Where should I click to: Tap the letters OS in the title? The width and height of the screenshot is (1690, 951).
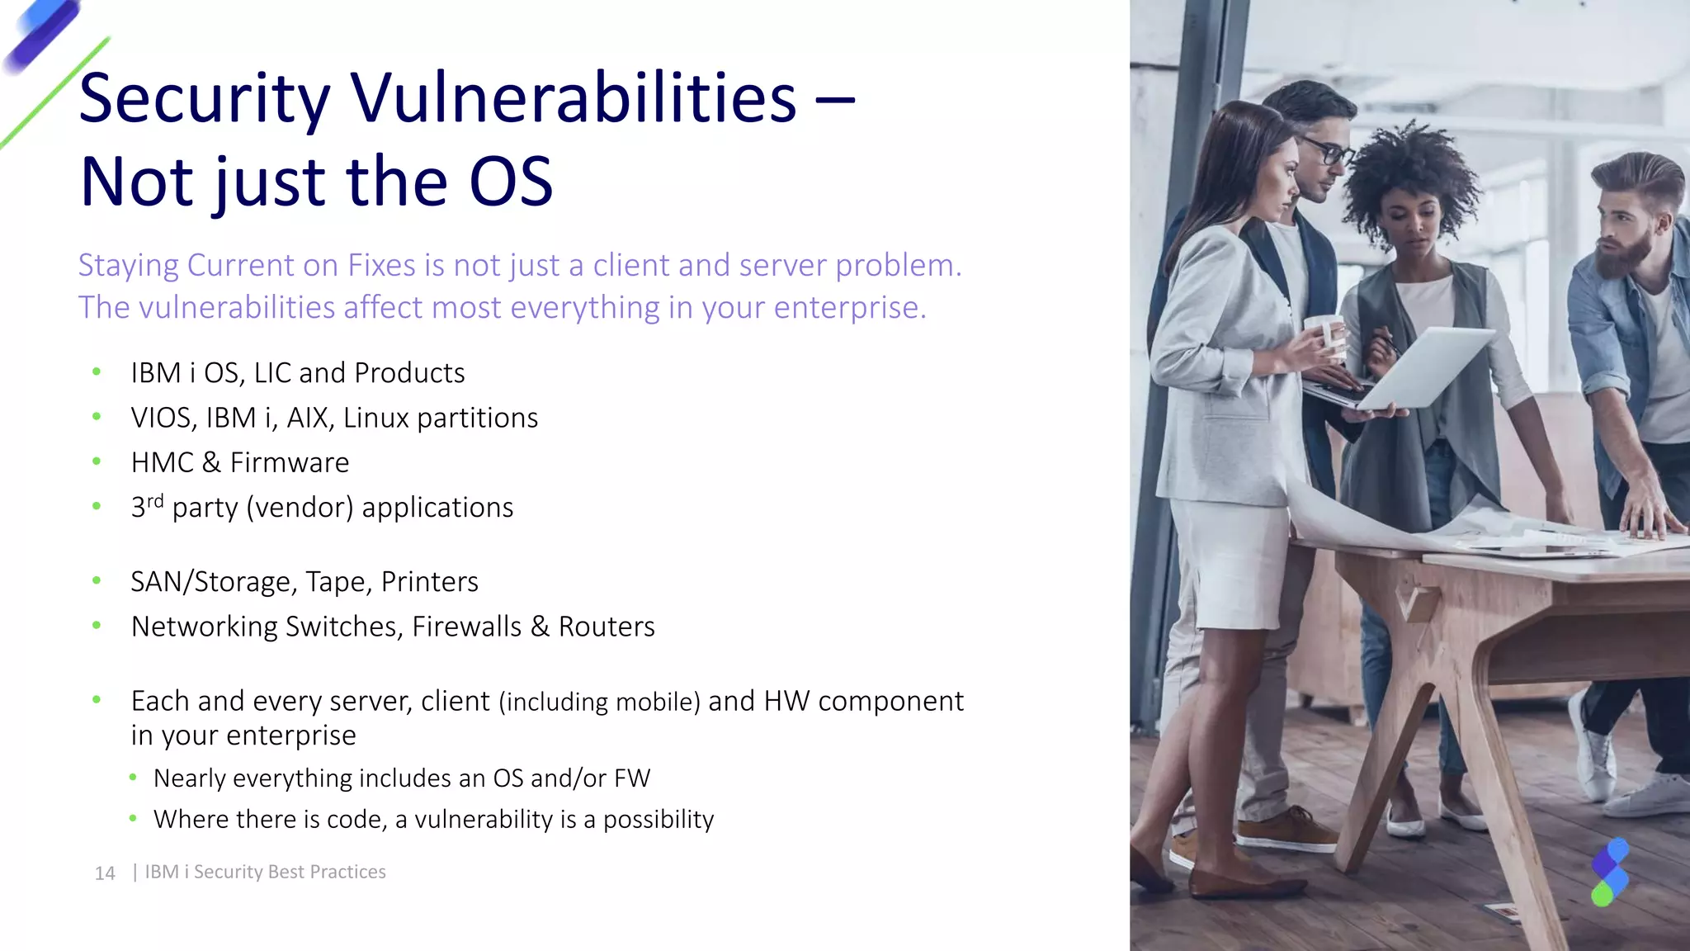point(511,182)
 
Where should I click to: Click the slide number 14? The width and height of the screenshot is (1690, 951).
point(105,873)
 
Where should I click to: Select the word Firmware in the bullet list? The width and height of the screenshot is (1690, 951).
point(289,463)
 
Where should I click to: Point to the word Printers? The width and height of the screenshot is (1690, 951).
point(429,582)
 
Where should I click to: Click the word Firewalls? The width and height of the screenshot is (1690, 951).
point(466,627)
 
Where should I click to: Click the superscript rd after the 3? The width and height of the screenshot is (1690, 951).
point(155,500)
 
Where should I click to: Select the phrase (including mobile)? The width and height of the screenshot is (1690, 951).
point(599,702)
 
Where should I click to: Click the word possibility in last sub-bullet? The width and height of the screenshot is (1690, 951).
point(659,820)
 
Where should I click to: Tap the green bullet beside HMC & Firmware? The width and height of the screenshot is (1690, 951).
point(97,461)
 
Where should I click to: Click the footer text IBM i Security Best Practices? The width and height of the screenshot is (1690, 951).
point(265,872)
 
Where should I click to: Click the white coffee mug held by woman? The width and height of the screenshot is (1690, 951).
point(1324,334)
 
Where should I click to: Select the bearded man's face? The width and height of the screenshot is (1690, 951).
point(1626,235)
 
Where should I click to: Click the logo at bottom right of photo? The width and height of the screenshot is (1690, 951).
point(1609,873)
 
